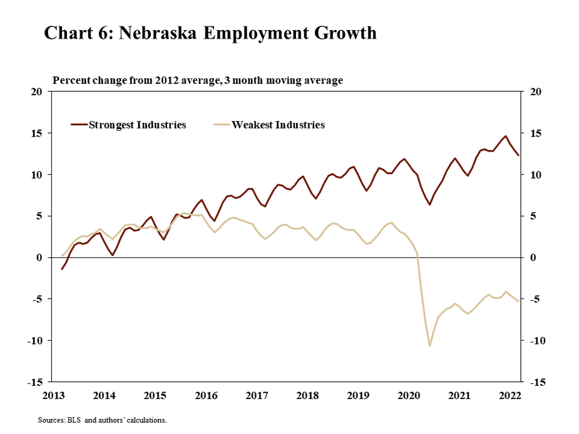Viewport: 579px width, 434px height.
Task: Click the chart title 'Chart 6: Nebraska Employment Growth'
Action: [x=210, y=33]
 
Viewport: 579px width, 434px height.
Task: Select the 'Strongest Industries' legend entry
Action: [x=137, y=125]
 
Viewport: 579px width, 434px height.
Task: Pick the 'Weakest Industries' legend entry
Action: [x=278, y=125]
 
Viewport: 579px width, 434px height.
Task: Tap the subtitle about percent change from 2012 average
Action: [x=198, y=80]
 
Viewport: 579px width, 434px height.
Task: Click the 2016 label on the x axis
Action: [x=206, y=395]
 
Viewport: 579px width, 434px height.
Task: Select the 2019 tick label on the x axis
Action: [x=358, y=395]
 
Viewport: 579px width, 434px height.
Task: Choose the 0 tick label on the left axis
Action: [x=39, y=257]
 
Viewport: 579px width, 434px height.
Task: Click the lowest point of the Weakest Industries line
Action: [x=429, y=345]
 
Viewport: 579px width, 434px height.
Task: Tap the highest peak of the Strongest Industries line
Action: [x=506, y=136]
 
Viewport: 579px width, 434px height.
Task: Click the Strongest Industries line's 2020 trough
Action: [x=429, y=204]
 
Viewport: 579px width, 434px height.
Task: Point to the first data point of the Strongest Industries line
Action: [x=62, y=269]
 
